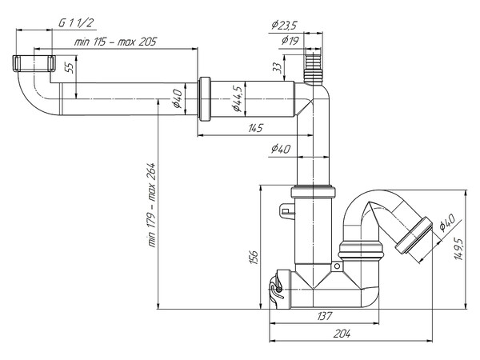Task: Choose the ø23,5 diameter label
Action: click(x=284, y=25)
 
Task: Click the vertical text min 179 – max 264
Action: click(x=150, y=206)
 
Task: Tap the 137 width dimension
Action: click(x=324, y=317)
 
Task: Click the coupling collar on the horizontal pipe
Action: click(x=204, y=99)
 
